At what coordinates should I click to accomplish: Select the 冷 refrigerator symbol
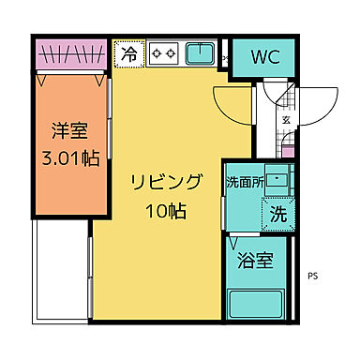(129, 54)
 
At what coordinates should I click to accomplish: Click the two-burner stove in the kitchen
(165, 54)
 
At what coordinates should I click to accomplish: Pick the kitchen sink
(200, 54)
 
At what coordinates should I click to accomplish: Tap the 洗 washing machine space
(278, 214)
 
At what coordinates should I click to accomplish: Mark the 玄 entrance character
(286, 120)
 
